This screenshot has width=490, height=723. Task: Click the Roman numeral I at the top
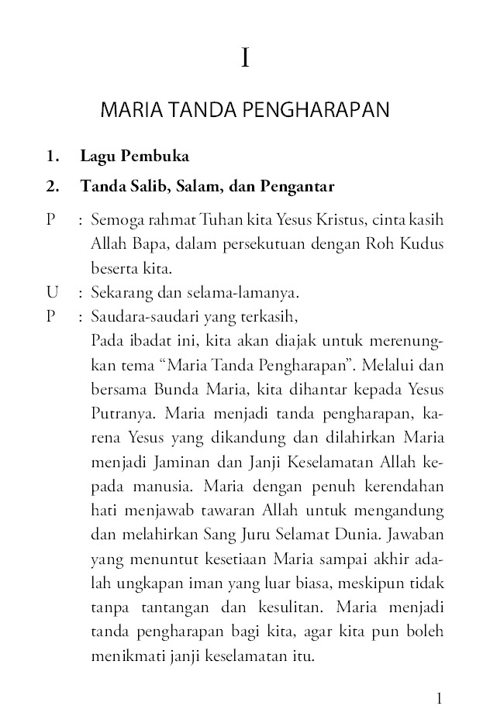(x=245, y=58)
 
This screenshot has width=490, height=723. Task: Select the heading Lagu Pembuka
(x=134, y=157)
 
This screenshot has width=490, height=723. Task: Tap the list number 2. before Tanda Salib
(x=53, y=187)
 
